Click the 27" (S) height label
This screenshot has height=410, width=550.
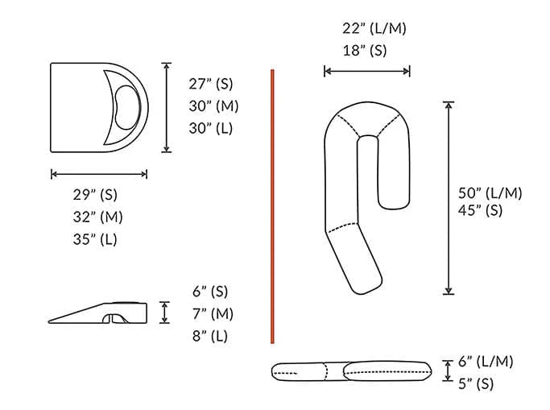[x=213, y=84]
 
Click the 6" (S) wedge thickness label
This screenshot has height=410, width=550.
[x=209, y=292]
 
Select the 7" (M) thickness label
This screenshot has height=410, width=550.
[x=210, y=313]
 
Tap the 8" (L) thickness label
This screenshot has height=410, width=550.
[x=209, y=336]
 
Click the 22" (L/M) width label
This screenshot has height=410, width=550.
[x=374, y=29]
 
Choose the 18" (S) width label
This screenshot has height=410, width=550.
[x=364, y=50]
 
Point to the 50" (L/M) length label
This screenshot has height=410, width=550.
[x=490, y=193]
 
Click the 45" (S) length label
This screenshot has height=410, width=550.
[x=482, y=211]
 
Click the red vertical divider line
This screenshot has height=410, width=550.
[x=273, y=206]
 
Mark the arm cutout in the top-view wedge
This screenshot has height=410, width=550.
[x=125, y=106]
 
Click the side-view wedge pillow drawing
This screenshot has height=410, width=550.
[x=100, y=313]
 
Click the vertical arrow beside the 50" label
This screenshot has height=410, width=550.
[x=449, y=198]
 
